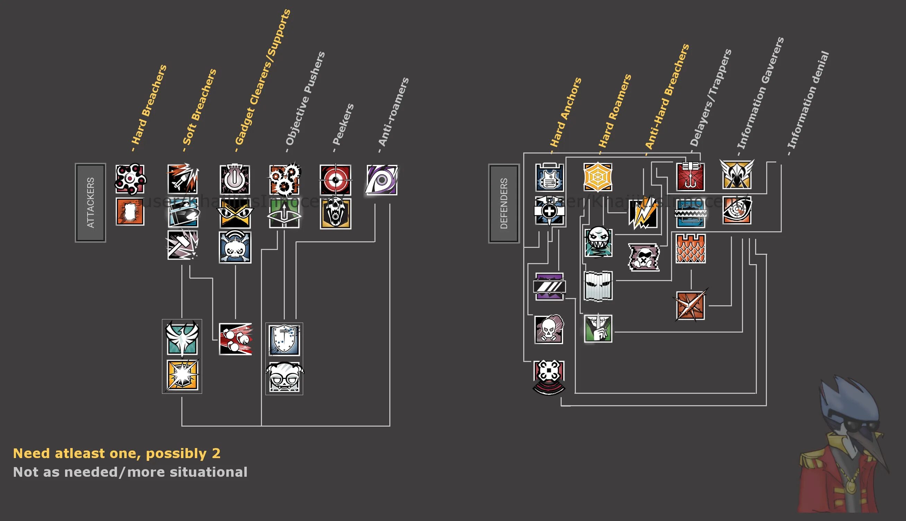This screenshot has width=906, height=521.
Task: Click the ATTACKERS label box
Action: point(90,203)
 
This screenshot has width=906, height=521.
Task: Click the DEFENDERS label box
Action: point(504,203)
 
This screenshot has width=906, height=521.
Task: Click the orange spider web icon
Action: point(598,177)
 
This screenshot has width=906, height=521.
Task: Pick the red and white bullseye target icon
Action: point(335,180)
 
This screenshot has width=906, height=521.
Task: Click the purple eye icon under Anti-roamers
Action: point(382,180)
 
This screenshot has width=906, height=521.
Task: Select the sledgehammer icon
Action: point(183,245)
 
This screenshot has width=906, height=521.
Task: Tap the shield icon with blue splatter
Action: point(284,339)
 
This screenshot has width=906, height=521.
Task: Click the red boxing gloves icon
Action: point(235,339)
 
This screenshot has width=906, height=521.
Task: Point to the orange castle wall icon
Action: point(690,249)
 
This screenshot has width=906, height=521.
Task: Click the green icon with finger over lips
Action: point(598,328)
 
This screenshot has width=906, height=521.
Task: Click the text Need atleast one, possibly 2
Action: point(117,453)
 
